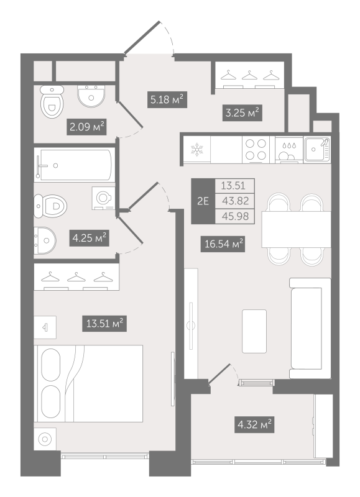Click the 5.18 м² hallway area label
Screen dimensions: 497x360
pos(167,99)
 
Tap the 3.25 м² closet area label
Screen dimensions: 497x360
pos(241,112)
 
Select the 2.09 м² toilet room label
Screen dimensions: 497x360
pos(86,128)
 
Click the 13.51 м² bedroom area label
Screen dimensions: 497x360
pos(104,322)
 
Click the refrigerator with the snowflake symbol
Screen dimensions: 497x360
pos(196,150)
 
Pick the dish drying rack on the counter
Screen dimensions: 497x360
pos(288,150)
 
